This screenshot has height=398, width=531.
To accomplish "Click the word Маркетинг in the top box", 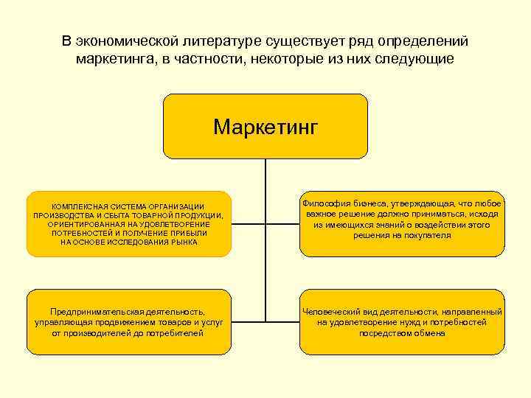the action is (265, 127).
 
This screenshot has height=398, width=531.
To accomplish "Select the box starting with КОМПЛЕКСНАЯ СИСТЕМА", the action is (128, 224).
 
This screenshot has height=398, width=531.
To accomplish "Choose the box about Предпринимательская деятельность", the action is (128, 323).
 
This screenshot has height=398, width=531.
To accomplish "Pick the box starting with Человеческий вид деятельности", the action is (402, 323).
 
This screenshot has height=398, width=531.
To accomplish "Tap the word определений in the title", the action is (420, 41).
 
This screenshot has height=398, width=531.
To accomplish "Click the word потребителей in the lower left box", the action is (173, 333).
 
